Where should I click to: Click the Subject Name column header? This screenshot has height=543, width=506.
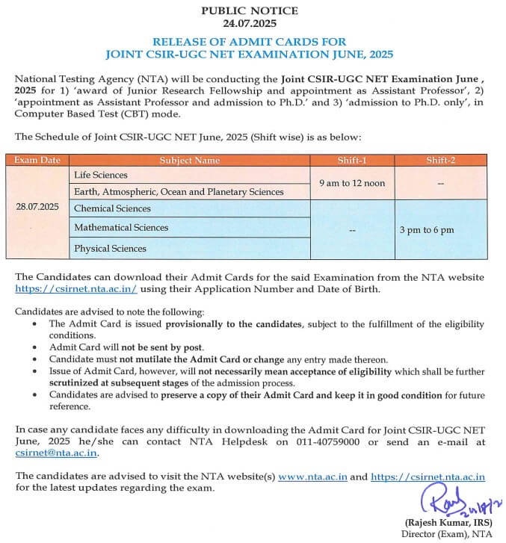click(189, 160)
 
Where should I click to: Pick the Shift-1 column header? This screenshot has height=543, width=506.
click(352, 160)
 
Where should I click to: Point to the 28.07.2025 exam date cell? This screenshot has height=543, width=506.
click(38, 205)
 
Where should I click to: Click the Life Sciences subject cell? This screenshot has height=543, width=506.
click(101, 175)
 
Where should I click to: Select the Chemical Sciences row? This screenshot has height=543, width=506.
click(112, 208)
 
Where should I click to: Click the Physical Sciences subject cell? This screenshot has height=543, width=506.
click(110, 247)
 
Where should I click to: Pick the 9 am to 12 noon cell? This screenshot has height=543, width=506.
click(352, 183)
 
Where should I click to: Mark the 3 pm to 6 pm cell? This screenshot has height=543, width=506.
click(427, 229)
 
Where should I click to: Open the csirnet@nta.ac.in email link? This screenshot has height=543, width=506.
click(57, 452)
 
